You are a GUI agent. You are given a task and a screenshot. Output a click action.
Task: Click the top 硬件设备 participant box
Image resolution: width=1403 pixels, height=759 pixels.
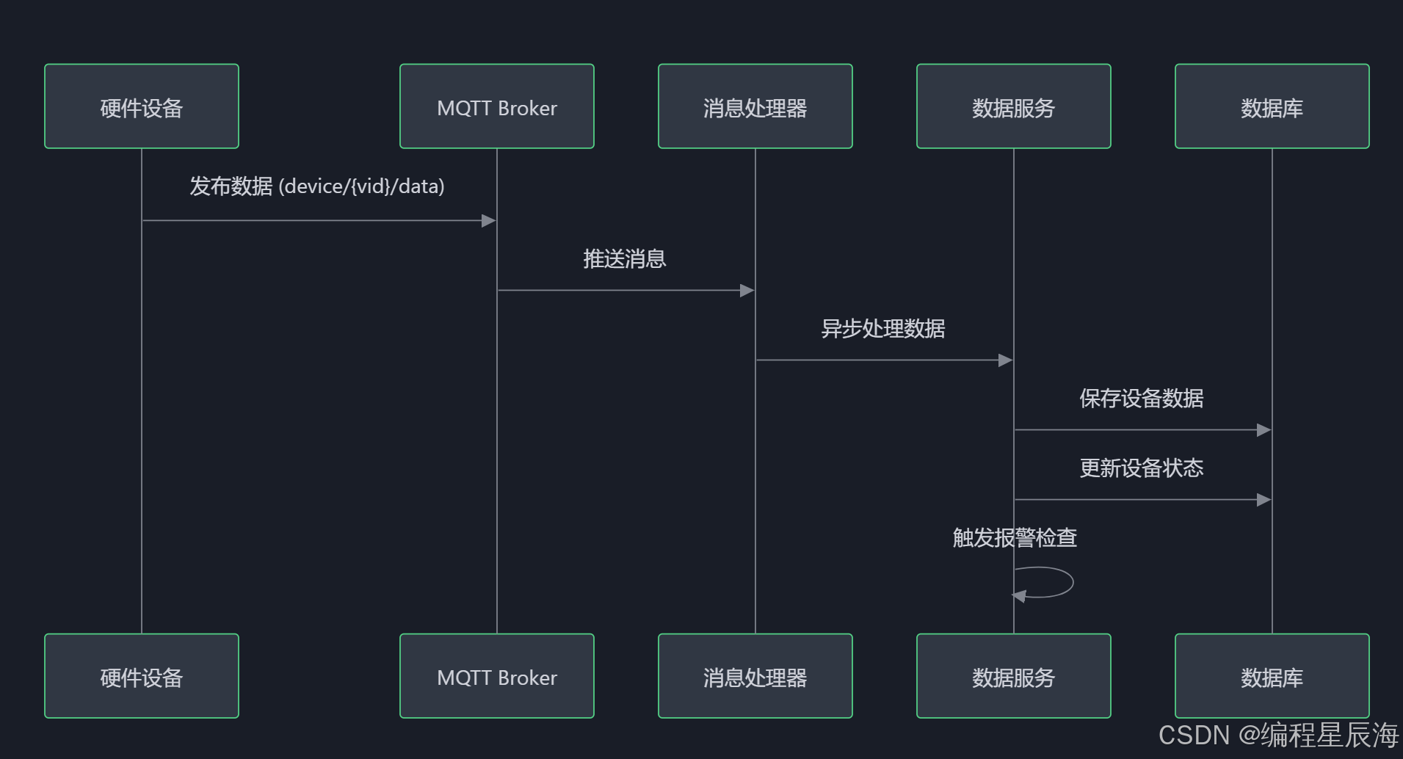tap(142, 106)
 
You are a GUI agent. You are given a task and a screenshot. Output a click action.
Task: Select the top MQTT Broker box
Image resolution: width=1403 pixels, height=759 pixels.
tap(497, 106)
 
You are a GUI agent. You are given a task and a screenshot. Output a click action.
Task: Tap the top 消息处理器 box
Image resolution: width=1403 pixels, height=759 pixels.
tap(755, 106)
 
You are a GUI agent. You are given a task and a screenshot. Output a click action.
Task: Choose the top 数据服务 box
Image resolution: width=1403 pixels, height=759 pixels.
tap(1014, 106)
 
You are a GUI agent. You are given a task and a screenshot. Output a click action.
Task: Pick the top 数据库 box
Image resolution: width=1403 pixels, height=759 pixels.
tap(1272, 106)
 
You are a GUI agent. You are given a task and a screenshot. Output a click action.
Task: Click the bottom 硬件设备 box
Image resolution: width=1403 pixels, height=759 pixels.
tap(142, 676)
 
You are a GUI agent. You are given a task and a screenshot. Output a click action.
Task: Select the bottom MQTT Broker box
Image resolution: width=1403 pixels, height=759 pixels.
tap(497, 676)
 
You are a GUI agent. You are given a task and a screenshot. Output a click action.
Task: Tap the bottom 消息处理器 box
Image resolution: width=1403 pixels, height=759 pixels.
tap(755, 676)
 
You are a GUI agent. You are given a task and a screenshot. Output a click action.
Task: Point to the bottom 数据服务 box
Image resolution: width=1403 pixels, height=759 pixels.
tap(1014, 676)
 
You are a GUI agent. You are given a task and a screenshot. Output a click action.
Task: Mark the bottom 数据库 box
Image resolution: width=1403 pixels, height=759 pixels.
tap(1272, 676)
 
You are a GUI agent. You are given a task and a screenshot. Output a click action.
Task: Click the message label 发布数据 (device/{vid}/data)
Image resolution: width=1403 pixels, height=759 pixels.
tap(317, 186)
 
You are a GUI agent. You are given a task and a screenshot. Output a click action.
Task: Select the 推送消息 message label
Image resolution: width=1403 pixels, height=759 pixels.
tap(625, 259)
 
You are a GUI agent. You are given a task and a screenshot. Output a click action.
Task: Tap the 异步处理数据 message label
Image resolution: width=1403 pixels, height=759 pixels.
tap(883, 329)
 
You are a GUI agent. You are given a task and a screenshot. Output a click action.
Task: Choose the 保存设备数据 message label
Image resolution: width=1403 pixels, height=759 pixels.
tap(1142, 399)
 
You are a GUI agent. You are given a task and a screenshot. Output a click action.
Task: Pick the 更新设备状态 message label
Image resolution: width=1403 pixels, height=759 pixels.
tap(1142, 468)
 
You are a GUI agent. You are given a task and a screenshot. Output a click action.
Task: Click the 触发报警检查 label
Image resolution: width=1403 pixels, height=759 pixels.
tap(1015, 538)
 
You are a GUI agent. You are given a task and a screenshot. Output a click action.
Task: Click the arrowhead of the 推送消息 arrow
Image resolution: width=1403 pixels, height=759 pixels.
tap(747, 291)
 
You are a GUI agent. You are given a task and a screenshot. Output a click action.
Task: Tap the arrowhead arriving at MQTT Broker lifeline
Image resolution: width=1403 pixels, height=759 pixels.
tap(489, 221)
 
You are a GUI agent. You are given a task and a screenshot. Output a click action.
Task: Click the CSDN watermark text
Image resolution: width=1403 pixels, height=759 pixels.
tap(1278, 736)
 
